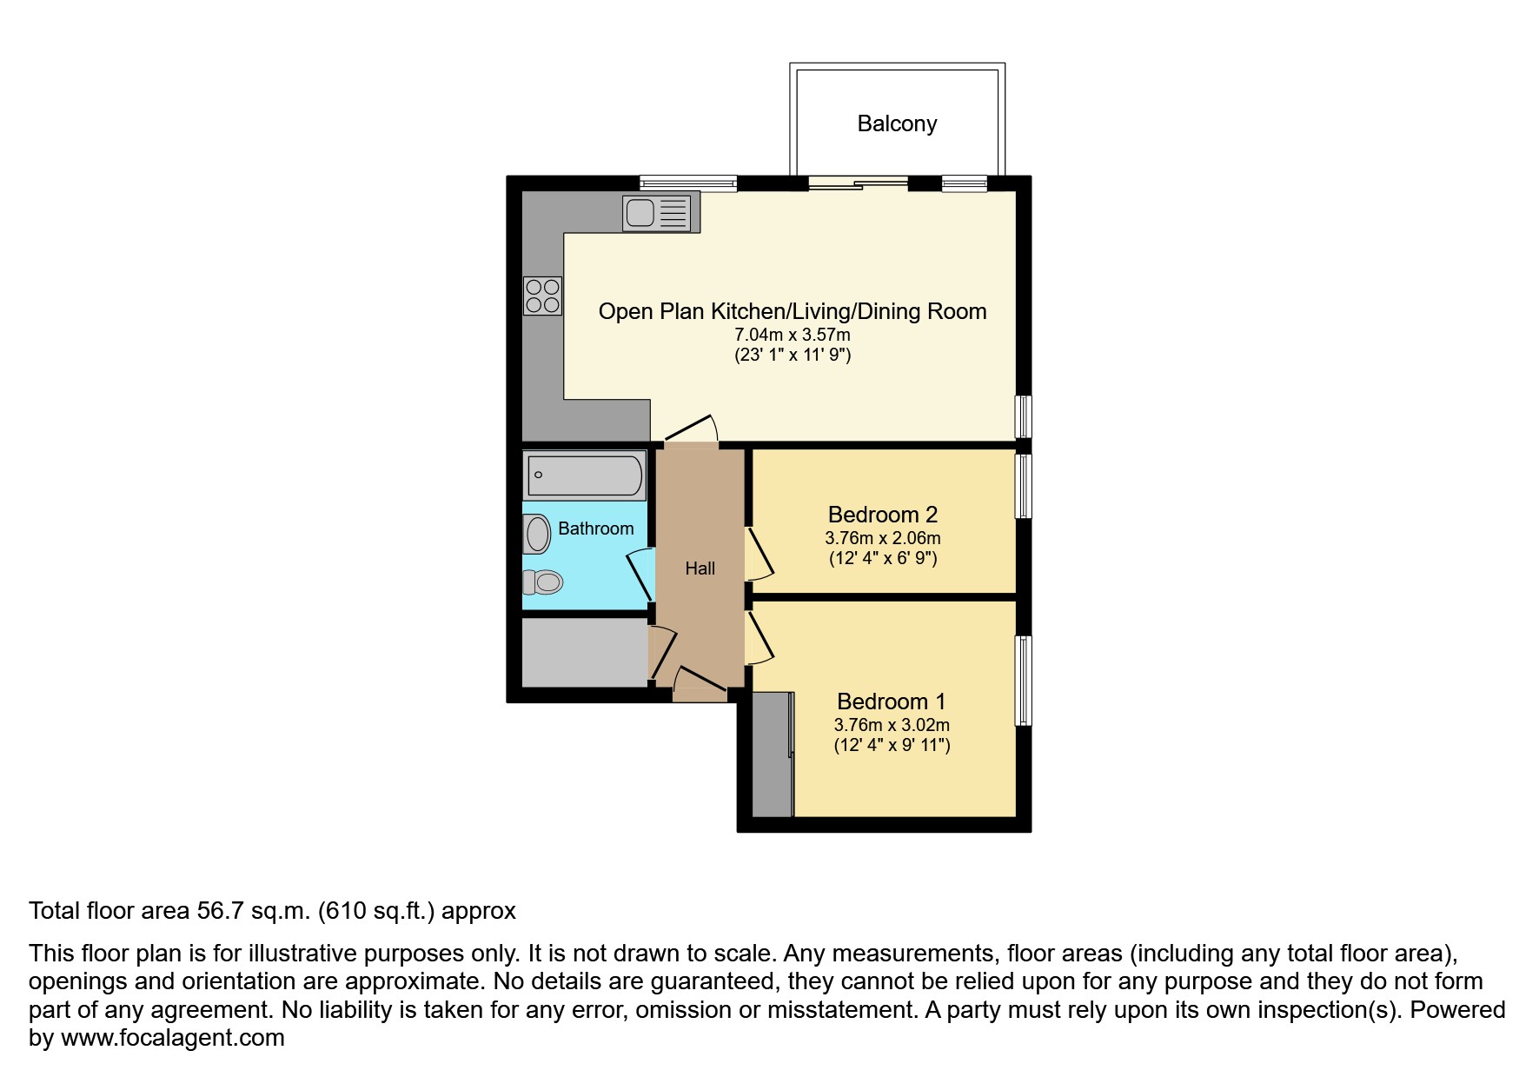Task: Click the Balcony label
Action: (897, 123)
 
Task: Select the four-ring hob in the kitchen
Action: (542, 296)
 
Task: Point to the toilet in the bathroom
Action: (544, 582)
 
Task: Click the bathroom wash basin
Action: (537, 533)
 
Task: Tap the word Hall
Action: (700, 568)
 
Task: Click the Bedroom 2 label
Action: (882, 515)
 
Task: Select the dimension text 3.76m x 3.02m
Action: (892, 725)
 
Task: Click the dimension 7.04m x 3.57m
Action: (792, 335)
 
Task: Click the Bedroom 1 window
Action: (1024, 681)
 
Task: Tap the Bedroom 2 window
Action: (1024, 487)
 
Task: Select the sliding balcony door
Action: (858, 183)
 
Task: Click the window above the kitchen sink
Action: (687, 183)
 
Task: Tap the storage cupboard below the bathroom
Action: (584, 652)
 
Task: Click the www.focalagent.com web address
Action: (173, 1038)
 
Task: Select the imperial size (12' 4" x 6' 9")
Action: (883, 558)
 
